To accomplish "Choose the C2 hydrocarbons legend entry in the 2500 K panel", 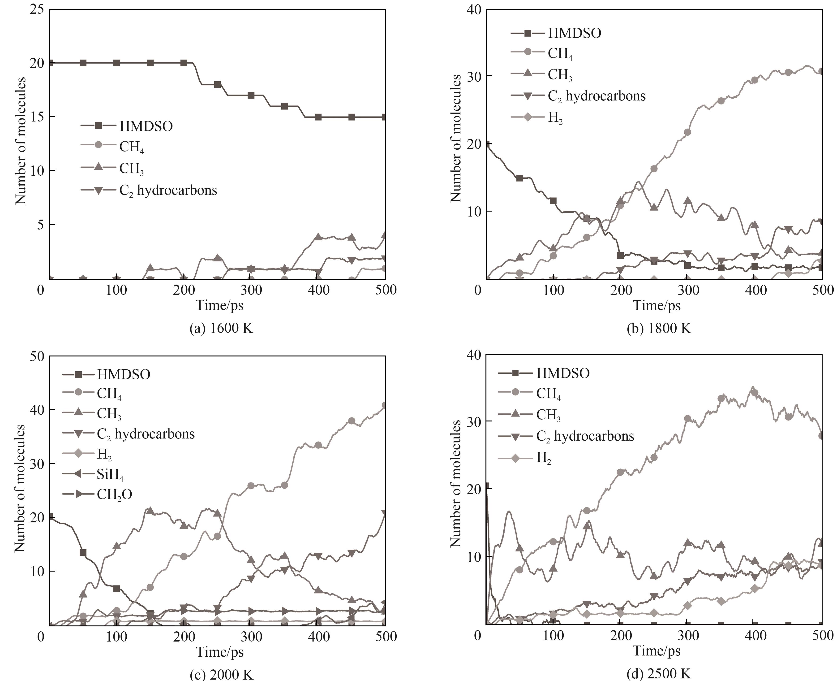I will click(x=584, y=436).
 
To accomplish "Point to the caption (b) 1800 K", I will click(x=659, y=328).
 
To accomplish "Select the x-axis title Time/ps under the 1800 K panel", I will click(x=657, y=305).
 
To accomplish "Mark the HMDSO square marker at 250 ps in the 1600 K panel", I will click(x=217, y=85).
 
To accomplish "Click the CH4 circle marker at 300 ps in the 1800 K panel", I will click(x=687, y=132).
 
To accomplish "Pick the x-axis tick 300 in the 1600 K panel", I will click(x=251, y=290).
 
